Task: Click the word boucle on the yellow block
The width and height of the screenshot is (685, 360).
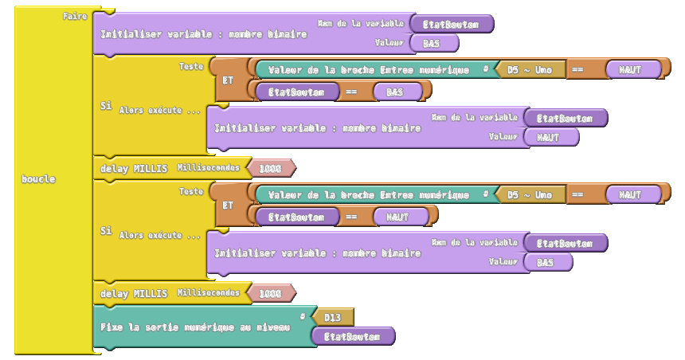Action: pyautogui.click(x=38, y=179)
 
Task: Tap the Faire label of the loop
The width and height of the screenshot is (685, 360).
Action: pyautogui.click(x=75, y=16)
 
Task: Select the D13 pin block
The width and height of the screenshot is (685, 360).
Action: pyautogui.click(x=333, y=318)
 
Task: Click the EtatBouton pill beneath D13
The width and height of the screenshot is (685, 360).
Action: pyautogui.click(x=352, y=337)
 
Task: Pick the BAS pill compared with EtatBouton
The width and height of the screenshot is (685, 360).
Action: pyautogui.click(x=393, y=92)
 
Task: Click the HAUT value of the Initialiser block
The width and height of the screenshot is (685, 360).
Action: pyautogui.click(x=548, y=137)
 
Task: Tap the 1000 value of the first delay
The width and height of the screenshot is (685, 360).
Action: pyautogui.click(x=270, y=168)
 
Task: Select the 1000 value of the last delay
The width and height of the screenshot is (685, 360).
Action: pyautogui.click(x=270, y=293)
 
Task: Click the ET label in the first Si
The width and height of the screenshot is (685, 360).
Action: pyautogui.click(x=228, y=80)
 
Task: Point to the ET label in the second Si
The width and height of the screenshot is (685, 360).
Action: pyautogui.click(x=228, y=205)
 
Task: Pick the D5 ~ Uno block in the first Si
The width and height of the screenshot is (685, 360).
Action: pyautogui.click(x=530, y=69)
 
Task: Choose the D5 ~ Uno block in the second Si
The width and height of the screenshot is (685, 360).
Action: pyautogui.click(x=530, y=194)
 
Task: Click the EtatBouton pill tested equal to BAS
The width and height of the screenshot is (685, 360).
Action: pyautogui.click(x=296, y=92)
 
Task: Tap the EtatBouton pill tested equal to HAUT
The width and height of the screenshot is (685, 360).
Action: pyautogui.click(x=296, y=217)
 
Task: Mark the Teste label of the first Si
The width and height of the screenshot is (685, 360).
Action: pyautogui.click(x=191, y=67)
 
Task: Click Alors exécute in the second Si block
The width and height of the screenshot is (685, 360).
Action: pyautogui.click(x=160, y=236)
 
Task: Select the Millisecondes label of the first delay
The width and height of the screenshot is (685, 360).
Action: pyautogui.click(x=208, y=168)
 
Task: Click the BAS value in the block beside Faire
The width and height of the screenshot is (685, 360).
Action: pyautogui.click(x=432, y=43)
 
